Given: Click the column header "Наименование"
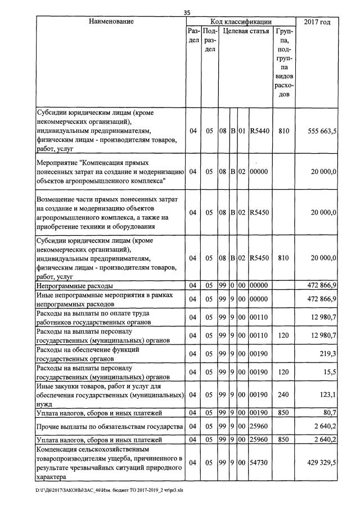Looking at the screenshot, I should pos(111,22).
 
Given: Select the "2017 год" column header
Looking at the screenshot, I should pos(317,22).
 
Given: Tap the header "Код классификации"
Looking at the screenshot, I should pos(241,21).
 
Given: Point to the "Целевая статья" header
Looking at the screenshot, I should pos(246,32).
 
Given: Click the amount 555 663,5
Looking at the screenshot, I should pos(322,131).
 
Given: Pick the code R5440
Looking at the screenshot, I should pos(259,131).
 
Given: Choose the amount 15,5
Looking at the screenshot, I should pos(330,373).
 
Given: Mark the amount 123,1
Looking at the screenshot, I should pos(327,395).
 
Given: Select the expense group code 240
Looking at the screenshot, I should pos(283,395).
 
